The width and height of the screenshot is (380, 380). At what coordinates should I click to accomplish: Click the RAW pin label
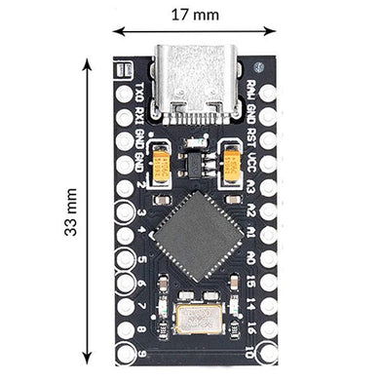click(x=251, y=93)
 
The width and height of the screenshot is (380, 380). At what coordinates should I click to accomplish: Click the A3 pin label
click(x=251, y=185)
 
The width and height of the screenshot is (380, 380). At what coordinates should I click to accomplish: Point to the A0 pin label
click(x=251, y=258)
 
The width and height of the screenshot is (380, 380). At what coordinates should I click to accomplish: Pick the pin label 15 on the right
click(x=251, y=282)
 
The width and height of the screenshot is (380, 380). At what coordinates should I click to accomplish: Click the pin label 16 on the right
click(x=251, y=328)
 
